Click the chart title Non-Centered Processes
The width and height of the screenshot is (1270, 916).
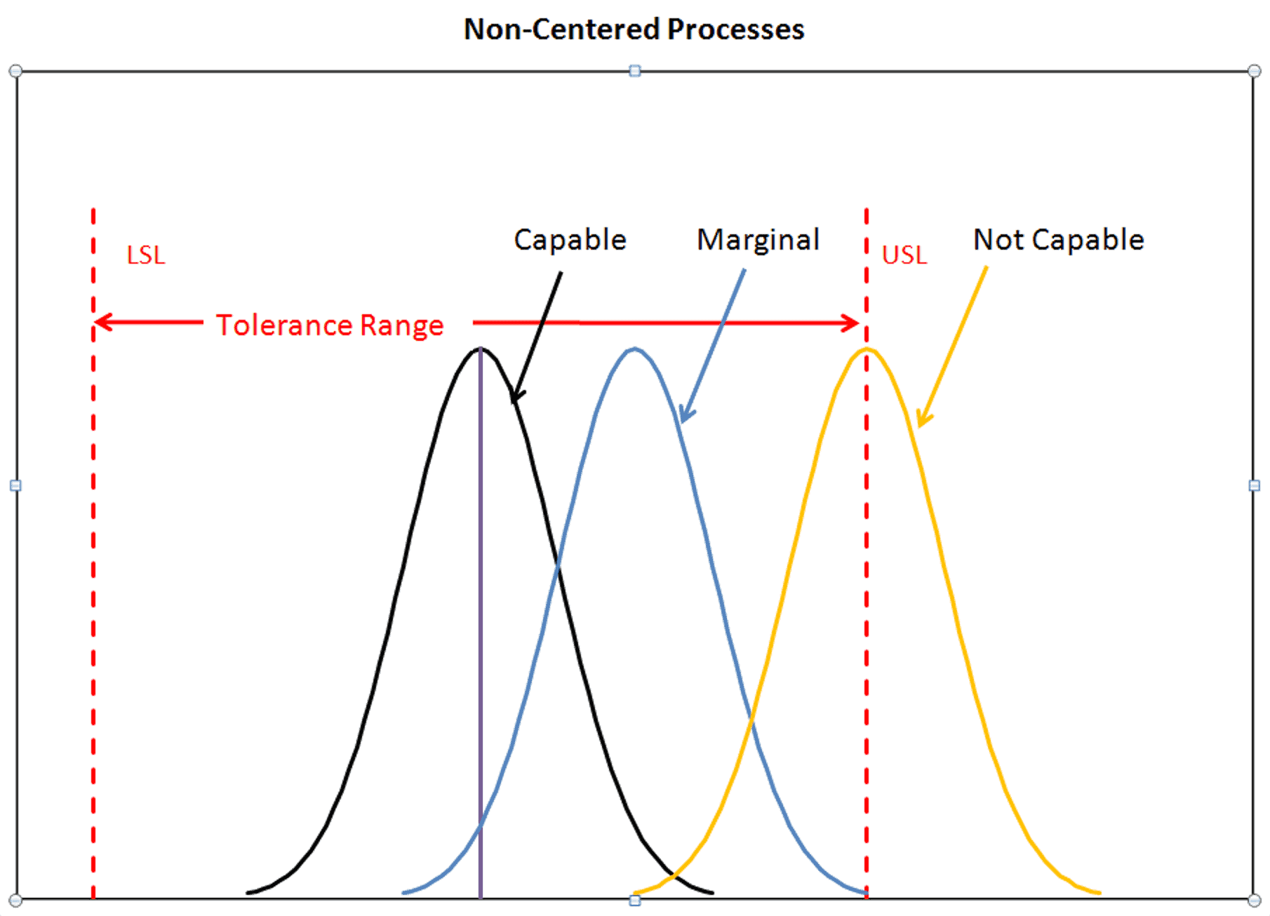tap(634, 29)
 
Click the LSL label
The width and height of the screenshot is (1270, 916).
tap(146, 255)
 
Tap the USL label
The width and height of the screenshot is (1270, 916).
tap(904, 255)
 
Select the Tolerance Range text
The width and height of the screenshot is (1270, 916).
tap(330, 325)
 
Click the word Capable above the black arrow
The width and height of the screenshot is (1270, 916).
tap(570, 240)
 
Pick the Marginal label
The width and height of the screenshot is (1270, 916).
tap(758, 240)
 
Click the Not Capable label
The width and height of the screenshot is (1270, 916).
tap(1058, 240)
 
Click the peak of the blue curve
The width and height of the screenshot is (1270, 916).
tap(634, 349)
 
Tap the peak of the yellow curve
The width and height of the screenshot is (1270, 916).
tap(867, 349)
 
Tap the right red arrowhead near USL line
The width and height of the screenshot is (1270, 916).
tap(856, 323)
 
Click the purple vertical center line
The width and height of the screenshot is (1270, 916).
tap(481, 631)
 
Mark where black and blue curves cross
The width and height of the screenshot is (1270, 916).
tap(558, 565)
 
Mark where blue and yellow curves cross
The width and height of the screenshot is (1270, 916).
tap(751, 719)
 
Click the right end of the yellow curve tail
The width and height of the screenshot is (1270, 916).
tap(1098, 893)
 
